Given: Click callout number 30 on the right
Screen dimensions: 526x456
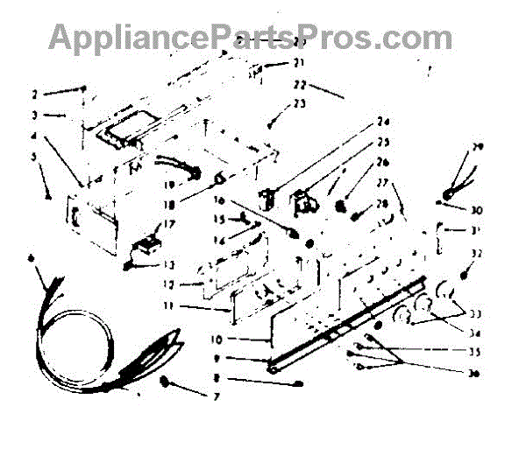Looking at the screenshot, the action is (x=477, y=211).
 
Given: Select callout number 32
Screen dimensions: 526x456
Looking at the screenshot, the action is (x=477, y=253).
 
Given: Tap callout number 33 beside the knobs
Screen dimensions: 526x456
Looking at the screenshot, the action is (x=477, y=313).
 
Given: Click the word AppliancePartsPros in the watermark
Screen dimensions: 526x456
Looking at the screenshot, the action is (x=211, y=37).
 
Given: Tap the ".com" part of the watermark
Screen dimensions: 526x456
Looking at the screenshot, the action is (x=412, y=37).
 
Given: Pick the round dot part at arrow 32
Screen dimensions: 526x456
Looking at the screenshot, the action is (x=463, y=276).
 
